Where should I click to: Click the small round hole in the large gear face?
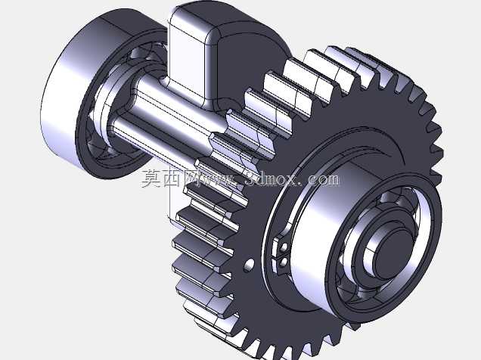pos(250,265)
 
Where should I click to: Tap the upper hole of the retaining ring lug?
pos(284,247)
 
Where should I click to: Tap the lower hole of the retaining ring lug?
pos(284,262)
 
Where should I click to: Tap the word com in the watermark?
pos(324,178)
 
